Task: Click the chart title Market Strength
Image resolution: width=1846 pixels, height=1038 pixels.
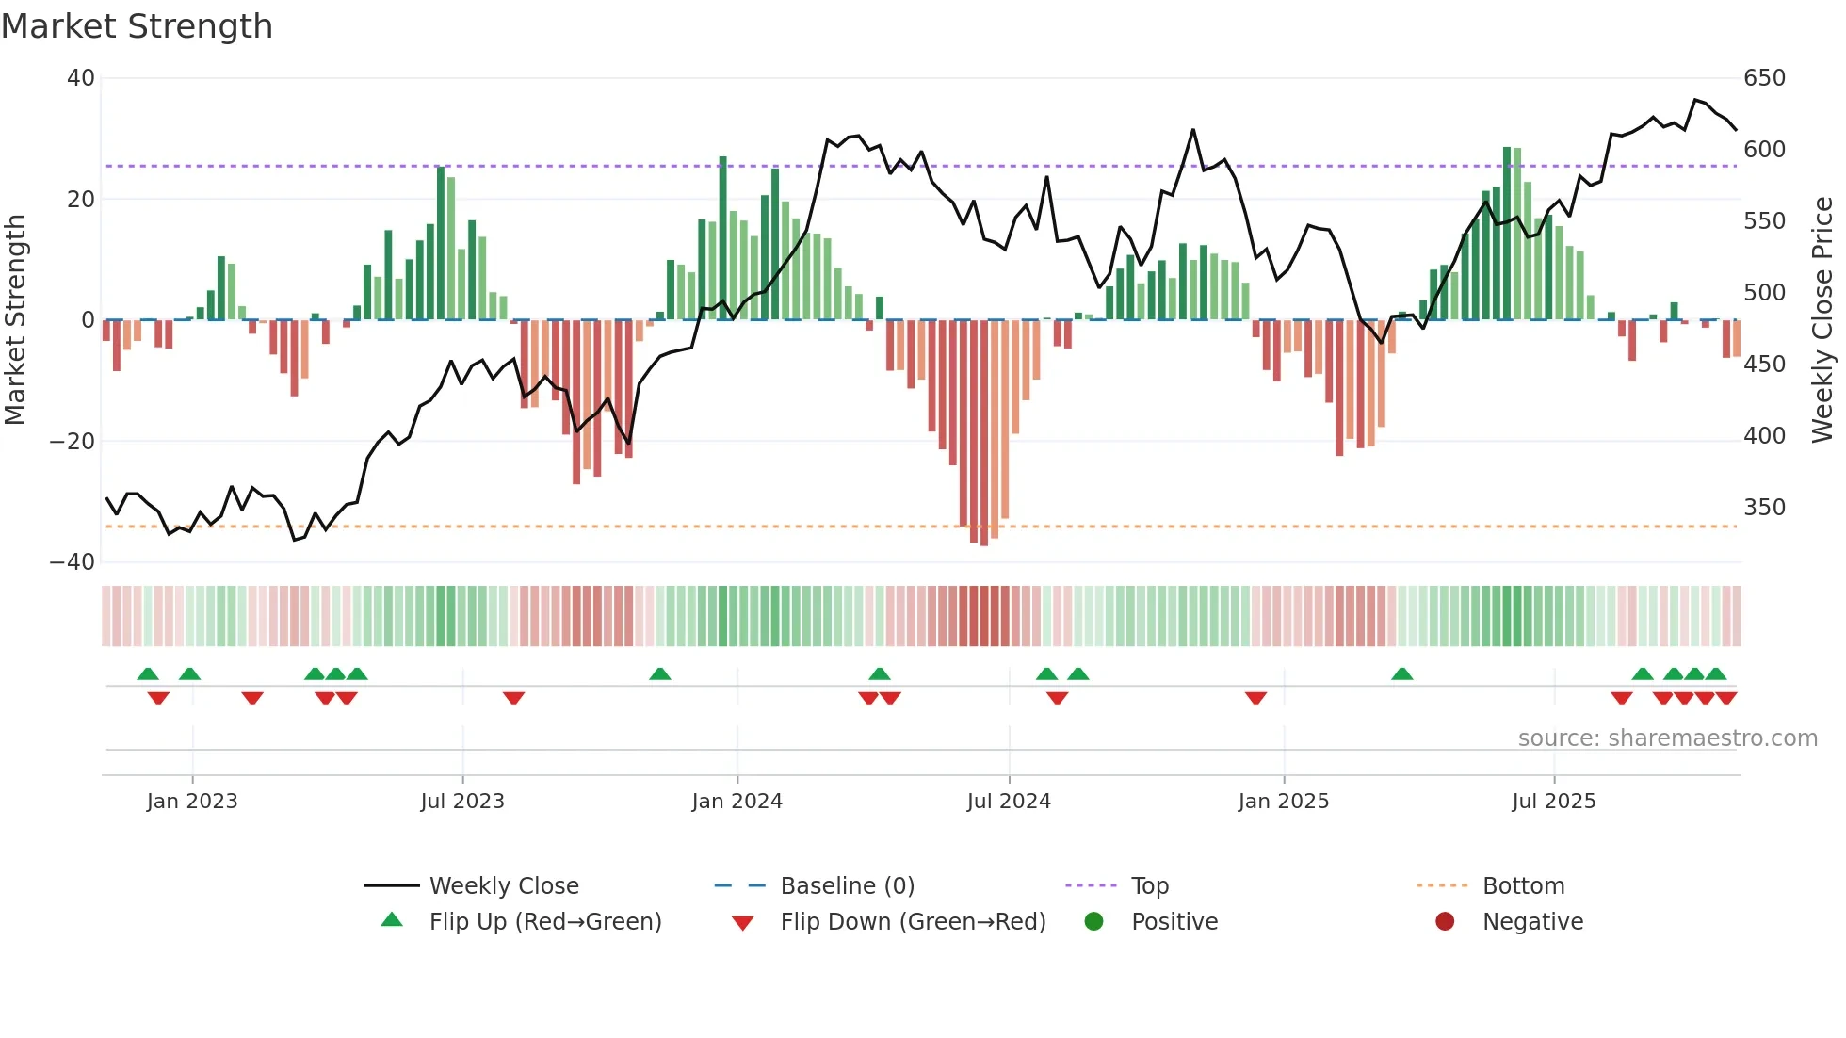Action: pyautogui.click(x=137, y=26)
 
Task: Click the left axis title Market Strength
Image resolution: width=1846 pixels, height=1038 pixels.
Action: pyautogui.click(x=15, y=320)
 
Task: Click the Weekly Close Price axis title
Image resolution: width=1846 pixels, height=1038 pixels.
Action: pyautogui.click(x=1822, y=320)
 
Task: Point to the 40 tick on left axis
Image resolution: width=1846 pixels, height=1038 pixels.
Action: pyautogui.click(x=81, y=78)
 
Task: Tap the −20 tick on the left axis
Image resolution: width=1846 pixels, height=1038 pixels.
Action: pyautogui.click(x=73, y=442)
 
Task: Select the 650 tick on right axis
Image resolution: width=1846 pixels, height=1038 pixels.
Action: pyautogui.click(x=1764, y=78)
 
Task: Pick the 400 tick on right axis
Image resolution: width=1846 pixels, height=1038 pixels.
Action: pyautogui.click(x=1764, y=436)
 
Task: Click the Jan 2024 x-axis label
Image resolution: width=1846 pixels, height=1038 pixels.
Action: pyautogui.click(x=737, y=802)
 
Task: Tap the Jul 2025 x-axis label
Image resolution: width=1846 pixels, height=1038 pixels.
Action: pyautogui.click(x=1553, y=802)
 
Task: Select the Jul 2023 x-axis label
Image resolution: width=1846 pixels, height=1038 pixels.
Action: pyautogui.click(x=462, y=802)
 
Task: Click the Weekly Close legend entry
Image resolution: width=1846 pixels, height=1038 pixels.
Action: pyautogui.click(x=503, y=886)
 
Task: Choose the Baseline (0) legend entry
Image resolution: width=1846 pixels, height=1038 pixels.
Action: pyautogui.click(x=847, y=886)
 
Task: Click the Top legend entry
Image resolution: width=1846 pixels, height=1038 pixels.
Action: pyautogui.click(x=1149, y=886)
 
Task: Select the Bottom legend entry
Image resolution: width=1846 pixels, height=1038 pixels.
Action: pyautogui.click(x=1523, y=886)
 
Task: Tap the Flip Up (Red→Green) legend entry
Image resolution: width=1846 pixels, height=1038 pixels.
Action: pyautogui.click(x=544, y=922)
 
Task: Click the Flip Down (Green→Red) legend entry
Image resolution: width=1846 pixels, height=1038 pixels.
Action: pyautogui.click(x=913, y=922)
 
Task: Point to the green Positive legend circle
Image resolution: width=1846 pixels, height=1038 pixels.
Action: pyautogui.click(x=1093, y=921)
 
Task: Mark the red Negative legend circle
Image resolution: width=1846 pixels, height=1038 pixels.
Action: pyautogui.click(x=1445, y=921)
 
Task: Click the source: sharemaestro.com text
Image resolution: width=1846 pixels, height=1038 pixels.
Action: pyautogui.click(x=1667, y=738)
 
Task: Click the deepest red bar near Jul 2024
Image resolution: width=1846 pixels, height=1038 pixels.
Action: pyautogui.click(x=984, y=433)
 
